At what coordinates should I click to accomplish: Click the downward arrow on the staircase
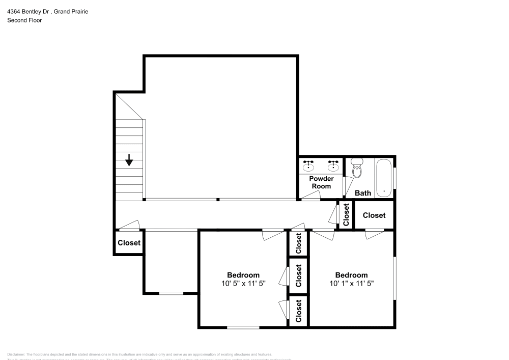129,160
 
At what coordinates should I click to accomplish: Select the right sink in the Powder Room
333,165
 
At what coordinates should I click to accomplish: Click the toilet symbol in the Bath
357,169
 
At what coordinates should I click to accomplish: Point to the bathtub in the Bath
384,178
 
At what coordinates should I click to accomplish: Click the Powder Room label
321,182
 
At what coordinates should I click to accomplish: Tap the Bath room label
363,193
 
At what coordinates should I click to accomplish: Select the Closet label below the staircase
129,243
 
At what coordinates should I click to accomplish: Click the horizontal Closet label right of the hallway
374,215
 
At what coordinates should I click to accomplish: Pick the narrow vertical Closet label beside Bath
346,215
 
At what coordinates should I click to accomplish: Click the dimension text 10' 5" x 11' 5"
243,283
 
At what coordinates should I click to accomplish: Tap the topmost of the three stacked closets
299,243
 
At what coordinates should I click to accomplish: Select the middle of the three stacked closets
299,275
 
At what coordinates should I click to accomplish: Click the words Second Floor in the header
24,20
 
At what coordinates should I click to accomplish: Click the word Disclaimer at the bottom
16,354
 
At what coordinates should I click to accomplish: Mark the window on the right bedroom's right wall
394,278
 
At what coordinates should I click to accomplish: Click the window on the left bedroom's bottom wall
243,327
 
